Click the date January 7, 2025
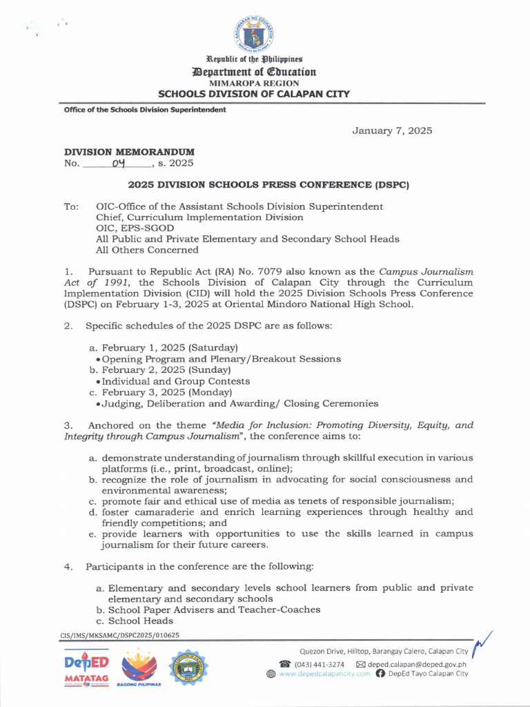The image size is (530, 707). click(x=393, y=130)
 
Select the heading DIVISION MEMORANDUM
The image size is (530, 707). click(x=129, y=151)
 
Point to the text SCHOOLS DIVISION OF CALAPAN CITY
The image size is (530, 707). click(x=254, y=94)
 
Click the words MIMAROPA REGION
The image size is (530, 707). click(x=253, y=82)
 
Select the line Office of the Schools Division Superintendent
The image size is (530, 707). click(x=145, y=110)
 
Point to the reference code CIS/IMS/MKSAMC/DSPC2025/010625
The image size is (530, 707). click(x=120, y=635)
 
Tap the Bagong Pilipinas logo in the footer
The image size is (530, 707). click(x=139, y=668)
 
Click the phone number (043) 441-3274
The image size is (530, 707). click(x=320, y=664)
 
